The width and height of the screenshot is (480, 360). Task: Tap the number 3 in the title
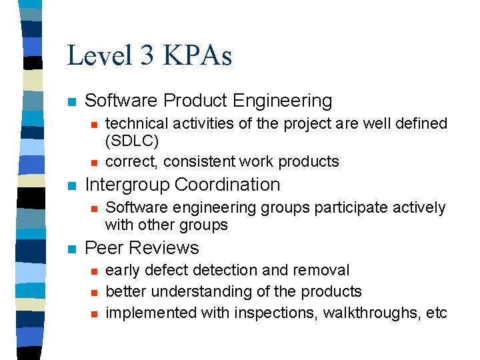pyautogui.click(x=147, y=55)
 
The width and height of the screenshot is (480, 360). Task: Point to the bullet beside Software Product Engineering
pyautogui.click(x=73, y=102)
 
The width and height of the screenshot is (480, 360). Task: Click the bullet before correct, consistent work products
pyautogui.click(x=94, y=162)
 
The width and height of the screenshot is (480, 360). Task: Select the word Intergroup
pyautogui.click(x=127, y=185)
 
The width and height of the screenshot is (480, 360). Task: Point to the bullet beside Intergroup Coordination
pyautogui.click(x=73, y=186)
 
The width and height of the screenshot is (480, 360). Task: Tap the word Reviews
pyautogui.click(x=163, y=248)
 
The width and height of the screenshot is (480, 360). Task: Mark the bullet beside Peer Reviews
pyautogui.click(x=73, y=249)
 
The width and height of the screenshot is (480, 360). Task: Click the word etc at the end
pyautogui.click(x=436, y=313)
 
